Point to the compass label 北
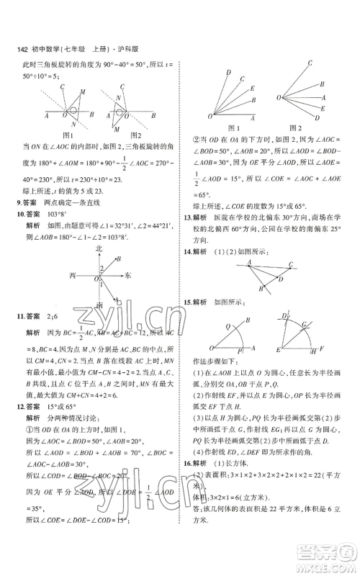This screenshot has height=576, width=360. (99, 248)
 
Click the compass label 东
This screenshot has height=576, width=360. (127, 275)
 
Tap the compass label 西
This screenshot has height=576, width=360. (72, 275)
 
